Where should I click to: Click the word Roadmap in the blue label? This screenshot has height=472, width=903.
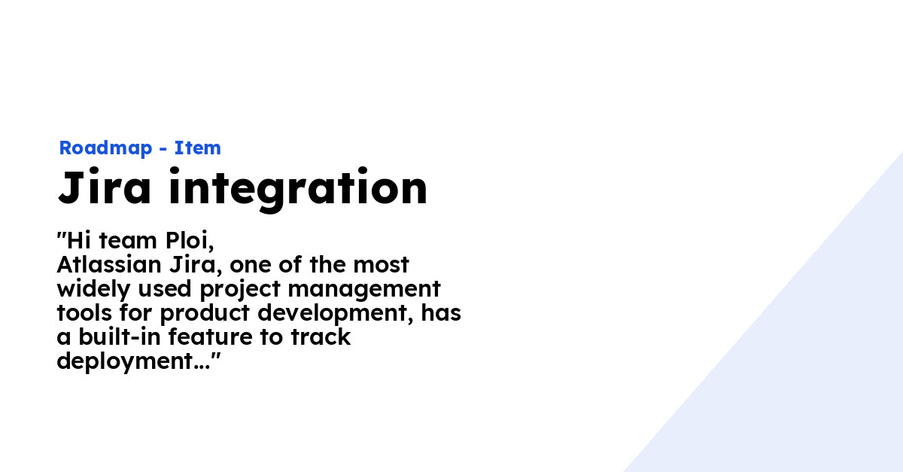[105, 148]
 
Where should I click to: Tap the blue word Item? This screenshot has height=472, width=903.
[197, 148]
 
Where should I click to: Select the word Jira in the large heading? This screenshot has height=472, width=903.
[105, 187]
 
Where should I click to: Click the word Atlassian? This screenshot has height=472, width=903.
[109, 265]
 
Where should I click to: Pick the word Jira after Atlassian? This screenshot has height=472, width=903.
[196, 265]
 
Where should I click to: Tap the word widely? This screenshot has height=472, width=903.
[93, 290]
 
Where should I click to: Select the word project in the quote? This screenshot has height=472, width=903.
[240, 290]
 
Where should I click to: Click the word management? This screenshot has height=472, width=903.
[364, 291]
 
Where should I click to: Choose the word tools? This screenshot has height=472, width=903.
[84, 313]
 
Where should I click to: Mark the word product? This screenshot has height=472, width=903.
[205, 314]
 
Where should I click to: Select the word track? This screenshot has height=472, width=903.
[321, 336]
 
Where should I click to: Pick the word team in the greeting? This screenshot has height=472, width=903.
[128, 241]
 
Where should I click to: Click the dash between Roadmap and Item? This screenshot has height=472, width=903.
[163, 149]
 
